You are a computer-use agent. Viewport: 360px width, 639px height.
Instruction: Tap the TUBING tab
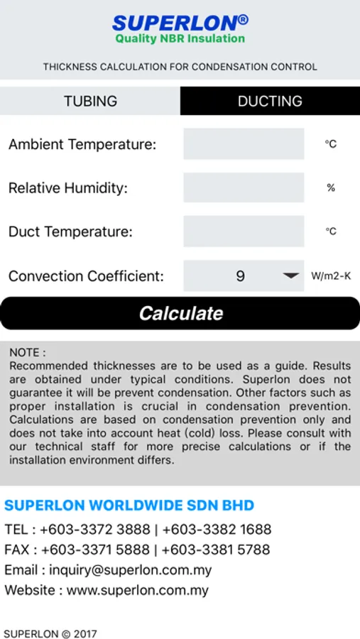[x=90, y=101]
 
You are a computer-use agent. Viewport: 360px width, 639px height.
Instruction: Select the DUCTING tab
[x=270, y=101]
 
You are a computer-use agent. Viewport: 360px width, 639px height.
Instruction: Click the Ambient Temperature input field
[x=244, y=144]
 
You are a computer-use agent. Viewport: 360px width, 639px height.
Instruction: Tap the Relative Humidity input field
[x=244, y=188]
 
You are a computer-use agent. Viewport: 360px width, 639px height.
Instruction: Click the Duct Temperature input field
[x=244, y=231]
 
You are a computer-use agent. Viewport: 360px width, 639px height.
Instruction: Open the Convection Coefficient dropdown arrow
[x=291, y=276]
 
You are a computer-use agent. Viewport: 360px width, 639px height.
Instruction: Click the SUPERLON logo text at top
[x=180, y=23]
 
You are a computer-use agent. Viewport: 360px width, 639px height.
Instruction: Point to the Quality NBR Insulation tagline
[x=180, y=39]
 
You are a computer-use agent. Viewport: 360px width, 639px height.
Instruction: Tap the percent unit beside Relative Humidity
[x=331, y=188]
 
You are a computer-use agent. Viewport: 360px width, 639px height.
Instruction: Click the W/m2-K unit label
[x=331, y=276]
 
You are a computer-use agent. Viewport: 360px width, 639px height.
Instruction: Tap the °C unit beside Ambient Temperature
[x=331, y=144]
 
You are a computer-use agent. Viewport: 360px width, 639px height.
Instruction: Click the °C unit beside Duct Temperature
[x=331, y=231]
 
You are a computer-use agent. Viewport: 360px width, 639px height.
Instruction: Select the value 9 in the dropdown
[x=240, y=276]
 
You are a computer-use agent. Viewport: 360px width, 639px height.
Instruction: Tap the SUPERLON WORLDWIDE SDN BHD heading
[x=129, y=506]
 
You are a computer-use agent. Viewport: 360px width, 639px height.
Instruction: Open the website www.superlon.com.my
[x=138, y=590]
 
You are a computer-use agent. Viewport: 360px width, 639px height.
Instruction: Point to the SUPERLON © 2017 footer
[x=50, y=633]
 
